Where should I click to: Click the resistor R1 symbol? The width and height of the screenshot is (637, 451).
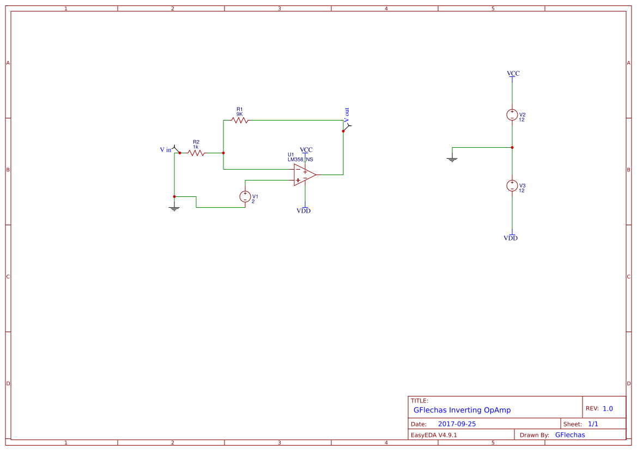coord(240,120)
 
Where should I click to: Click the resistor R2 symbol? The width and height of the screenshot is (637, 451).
coord(196,153)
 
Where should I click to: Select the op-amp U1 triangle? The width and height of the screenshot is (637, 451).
coord(304,175)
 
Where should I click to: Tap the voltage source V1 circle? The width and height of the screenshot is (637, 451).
coord(245,197)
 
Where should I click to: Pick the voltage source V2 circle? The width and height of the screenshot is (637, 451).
coord(512,115)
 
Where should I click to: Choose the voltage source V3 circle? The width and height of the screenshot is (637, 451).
coord(512,185)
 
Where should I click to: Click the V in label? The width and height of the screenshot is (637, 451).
coord(165,149)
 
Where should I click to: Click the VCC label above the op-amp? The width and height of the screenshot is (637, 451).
coord(306,149)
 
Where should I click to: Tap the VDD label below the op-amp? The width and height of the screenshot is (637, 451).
coord(304,211)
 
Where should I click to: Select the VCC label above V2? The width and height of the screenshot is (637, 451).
coord(513,73)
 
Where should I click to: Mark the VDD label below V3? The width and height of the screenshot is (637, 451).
coord(511,238)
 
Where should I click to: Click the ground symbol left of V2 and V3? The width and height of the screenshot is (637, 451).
coord(452,159)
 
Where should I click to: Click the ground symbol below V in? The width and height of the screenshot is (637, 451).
coord(174,208)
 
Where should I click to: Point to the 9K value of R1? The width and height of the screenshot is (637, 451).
coord(239,114)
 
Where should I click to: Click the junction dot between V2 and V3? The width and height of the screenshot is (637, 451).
coord(512,147)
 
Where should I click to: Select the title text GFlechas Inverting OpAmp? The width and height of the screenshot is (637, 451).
coord(462,410)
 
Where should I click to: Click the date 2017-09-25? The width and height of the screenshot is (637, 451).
coord(457,424)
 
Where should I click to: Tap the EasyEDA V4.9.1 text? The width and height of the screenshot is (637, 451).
coord(434,435)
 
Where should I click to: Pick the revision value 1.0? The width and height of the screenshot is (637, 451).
coord(608,408)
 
